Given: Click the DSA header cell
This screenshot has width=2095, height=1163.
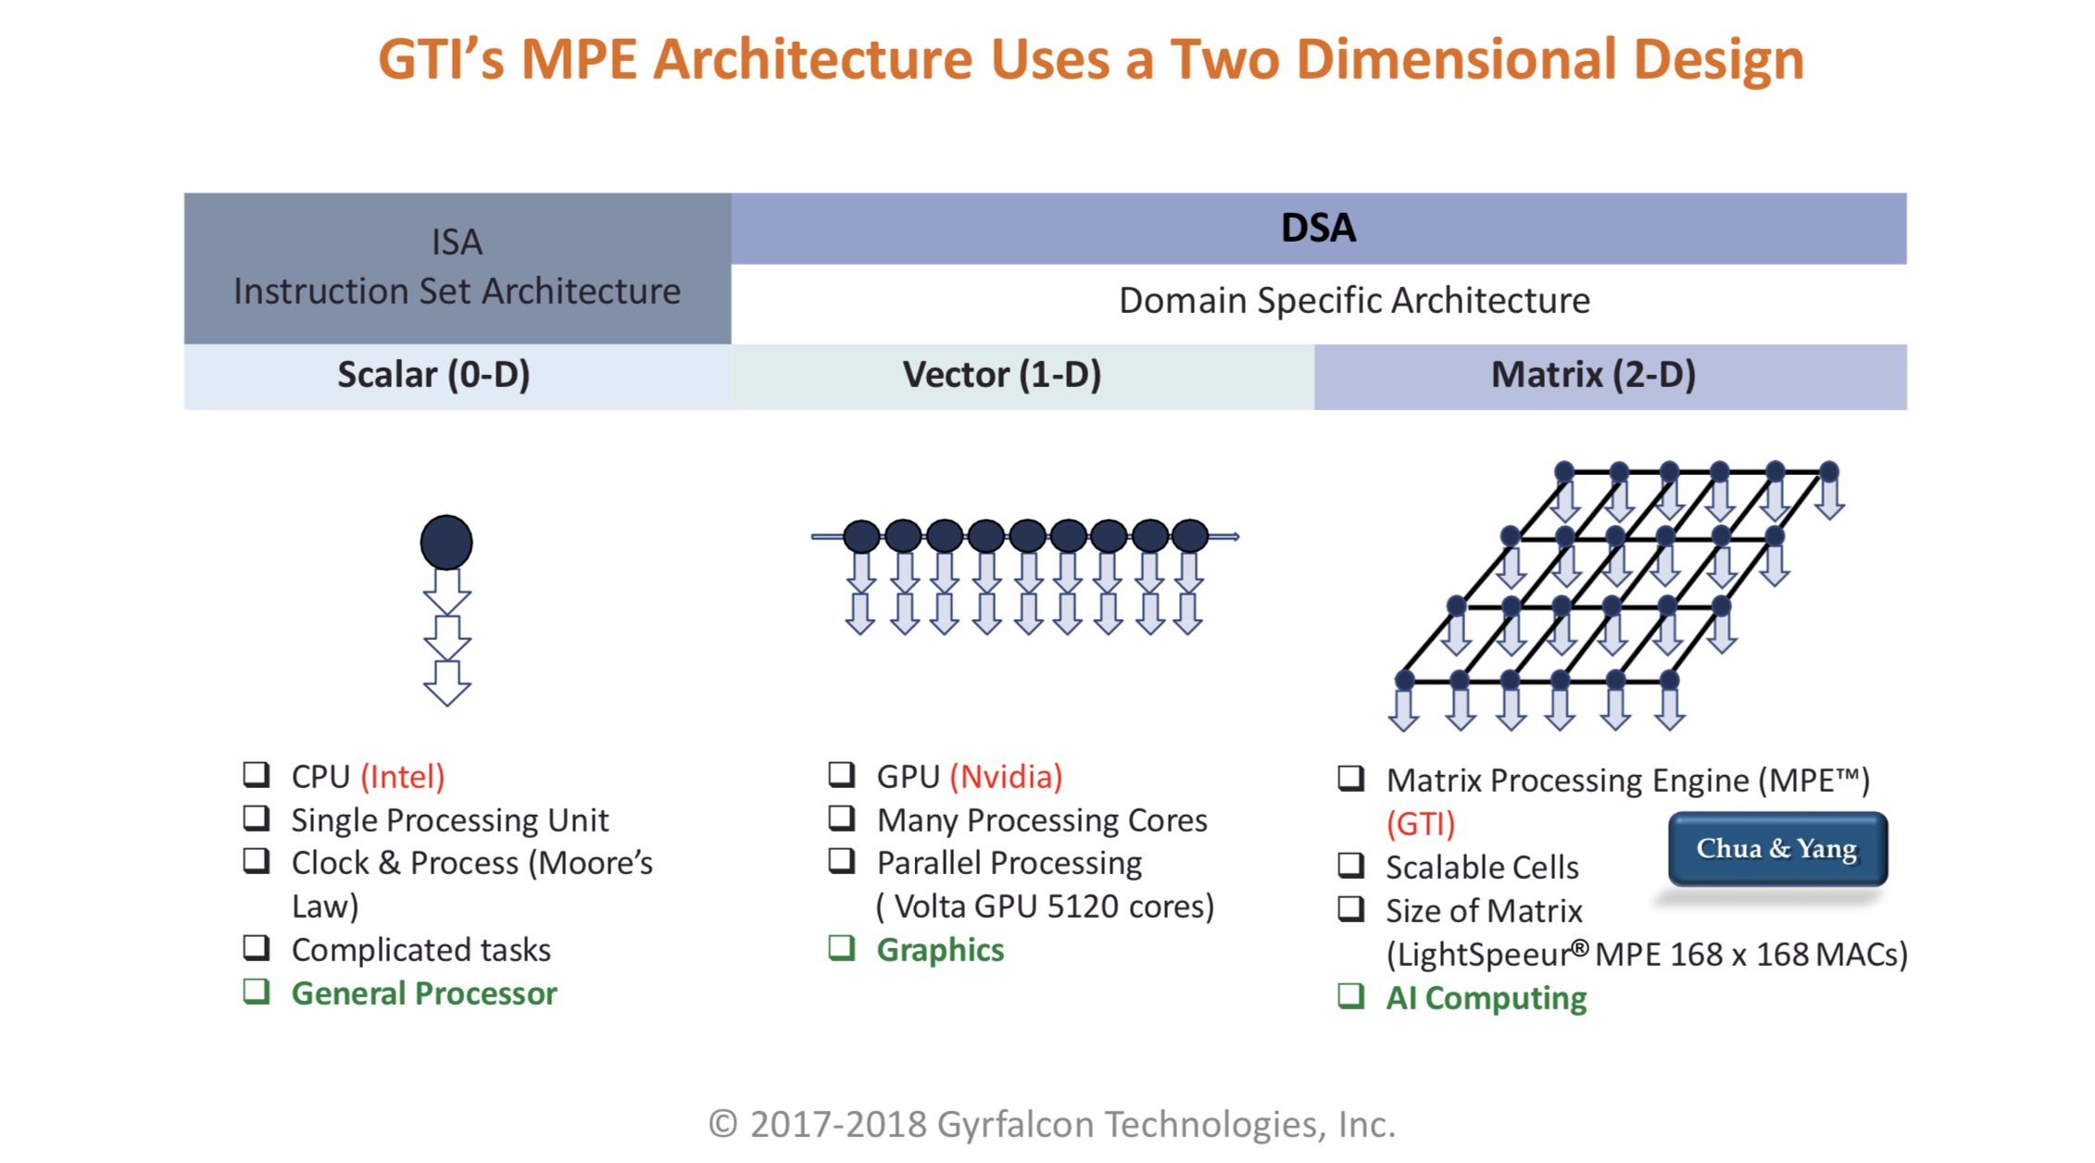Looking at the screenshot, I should pyautogui.click(x=1318, y=228).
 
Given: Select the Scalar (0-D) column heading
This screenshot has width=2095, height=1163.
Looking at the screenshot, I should pyautogui.click(x=433, y=375).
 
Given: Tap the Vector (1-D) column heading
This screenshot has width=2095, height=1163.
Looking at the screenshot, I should pyautogui.click(x=1002, y=375).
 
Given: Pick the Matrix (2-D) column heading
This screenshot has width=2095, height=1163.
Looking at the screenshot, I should pyautogui.click(x=1593, y=375).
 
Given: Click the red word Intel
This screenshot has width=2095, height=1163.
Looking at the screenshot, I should pyautogui.click(x=403, y=776).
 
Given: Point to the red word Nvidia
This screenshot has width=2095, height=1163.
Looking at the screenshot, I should pyautogui.click(x=1007, y=776).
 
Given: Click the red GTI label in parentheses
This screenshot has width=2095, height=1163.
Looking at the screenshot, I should pyautogui.click(x=1421, y=823).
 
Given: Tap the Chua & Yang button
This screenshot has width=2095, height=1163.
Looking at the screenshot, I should pyautogui.click(x=1776, y=848).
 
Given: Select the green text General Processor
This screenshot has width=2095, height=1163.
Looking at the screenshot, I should pyautogui.click(x=424, y=994).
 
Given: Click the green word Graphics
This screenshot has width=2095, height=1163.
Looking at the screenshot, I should pyautogui.click(x=940, y=950).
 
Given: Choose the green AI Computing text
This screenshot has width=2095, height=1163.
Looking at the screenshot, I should pyautogui.click(x=1486, y=998).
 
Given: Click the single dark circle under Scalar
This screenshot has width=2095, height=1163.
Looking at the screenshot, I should pyautogui.click(x=446, y=543).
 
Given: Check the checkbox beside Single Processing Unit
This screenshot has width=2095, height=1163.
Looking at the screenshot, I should pyautogui.click(x=257, y=819).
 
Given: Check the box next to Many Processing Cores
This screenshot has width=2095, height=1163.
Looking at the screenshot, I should pyautogui.click(x=841, y=819).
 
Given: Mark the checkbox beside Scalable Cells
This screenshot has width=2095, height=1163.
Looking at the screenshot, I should pyautogui.click(x=1351, y=866).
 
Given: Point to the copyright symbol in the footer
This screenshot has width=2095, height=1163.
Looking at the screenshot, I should pyautogui.click(x=722, y=1124).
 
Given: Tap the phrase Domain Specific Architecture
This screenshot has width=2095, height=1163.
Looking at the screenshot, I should pyautogui.click(x=1354, y=301).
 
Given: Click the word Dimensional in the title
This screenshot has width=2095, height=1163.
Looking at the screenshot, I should pyautogui.click(x=1455, y=59).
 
